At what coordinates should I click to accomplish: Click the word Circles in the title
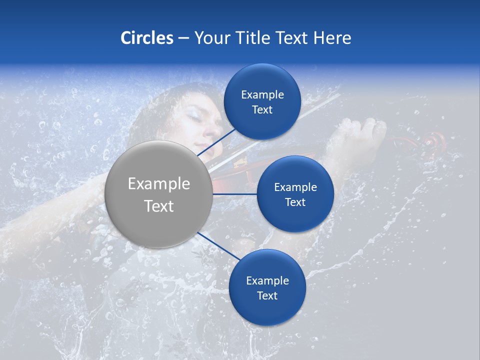(x=147, y=38)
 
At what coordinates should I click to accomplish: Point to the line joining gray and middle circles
(x=234, y=193)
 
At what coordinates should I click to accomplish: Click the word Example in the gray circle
(x=159, y=184)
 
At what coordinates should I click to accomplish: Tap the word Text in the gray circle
(x=159, y=206)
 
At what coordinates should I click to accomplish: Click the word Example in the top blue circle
(x=262, y=95)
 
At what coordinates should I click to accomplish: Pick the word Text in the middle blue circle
(x=295, y=202)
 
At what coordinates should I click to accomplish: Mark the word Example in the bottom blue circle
(x=267, y=281)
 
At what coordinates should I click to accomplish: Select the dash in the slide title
(x=183, y=38)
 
